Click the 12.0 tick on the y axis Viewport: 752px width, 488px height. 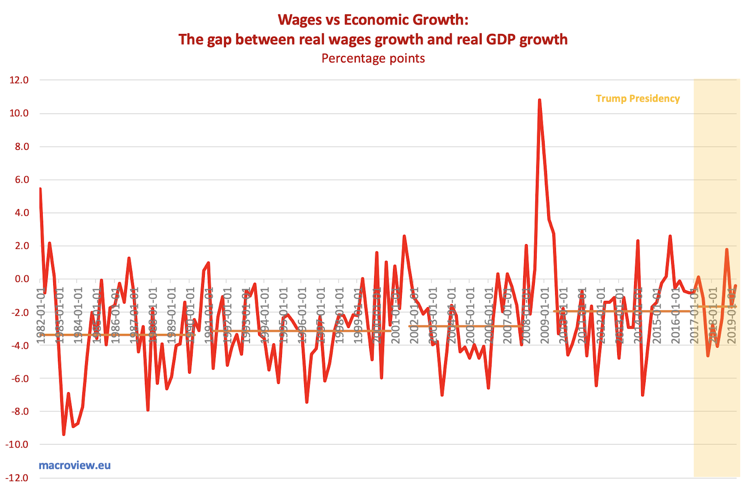(19, 80)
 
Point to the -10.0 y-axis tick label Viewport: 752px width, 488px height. (17, 444)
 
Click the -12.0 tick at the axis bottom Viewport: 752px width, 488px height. (17, 478)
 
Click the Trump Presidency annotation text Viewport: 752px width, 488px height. (637, 98)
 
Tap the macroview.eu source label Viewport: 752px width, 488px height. (75, 465)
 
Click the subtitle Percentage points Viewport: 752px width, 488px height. (373, 58)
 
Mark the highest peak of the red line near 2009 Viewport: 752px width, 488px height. (539, 100)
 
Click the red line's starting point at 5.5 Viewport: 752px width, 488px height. (40, 189)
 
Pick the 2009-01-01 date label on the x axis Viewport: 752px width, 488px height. (545, 315)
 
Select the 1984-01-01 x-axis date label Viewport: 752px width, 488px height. (78, 315)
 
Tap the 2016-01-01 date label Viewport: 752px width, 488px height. (675, 315)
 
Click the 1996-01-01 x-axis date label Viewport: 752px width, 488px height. (302, 315)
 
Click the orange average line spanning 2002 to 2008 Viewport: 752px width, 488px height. (465, 326)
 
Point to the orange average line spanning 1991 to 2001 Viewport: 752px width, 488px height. (301, 331)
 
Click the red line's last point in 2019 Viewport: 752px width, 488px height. (735, 285)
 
